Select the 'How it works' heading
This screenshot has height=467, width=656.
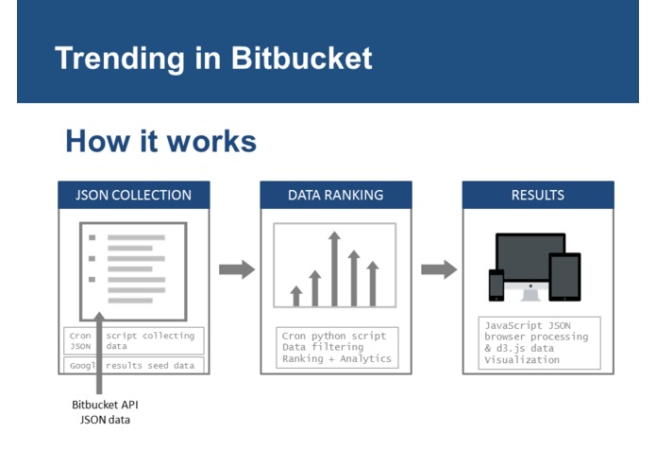[x=160, y=141]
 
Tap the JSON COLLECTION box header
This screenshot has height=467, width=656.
[x=133, y=196]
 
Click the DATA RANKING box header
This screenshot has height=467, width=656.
[x=335, y=196]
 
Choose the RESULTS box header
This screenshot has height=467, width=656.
[x=537, y=196]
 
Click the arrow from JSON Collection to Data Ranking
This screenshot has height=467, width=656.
[x=237, y=270]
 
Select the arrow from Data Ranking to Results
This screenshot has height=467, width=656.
[x=439, y=270]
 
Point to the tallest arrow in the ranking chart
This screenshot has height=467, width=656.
[x=334, y=268]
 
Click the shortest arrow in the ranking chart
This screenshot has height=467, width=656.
[x=296, y=296]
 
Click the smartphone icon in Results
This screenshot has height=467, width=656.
[x=496, y=285]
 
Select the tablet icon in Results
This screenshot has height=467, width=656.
[x=565, y=277]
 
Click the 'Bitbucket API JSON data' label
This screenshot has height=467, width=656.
[x=105, y=411]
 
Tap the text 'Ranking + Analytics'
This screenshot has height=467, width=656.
[x=336, y=358]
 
